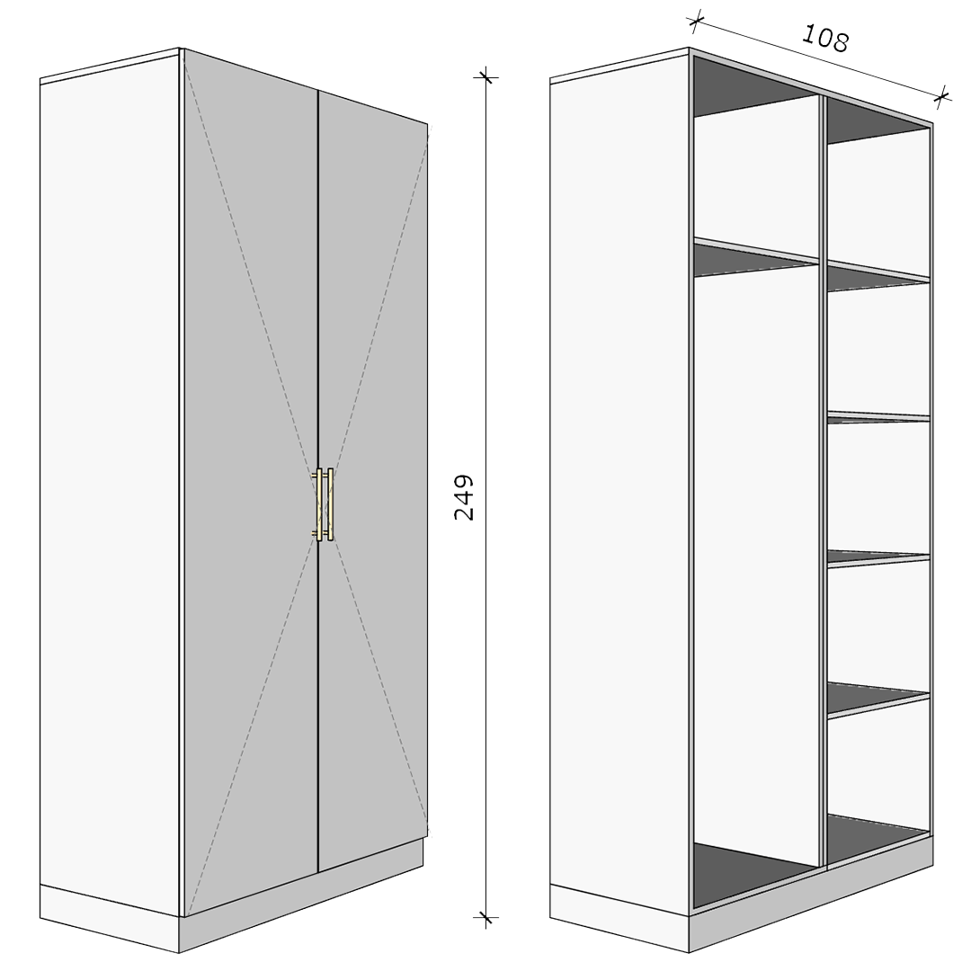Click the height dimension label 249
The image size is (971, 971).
[464, 497]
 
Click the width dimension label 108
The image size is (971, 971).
[824, 39]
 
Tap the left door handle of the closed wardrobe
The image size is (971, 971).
[319, 504]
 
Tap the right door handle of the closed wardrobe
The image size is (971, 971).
[329, 504]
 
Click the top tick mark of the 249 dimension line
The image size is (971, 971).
[486, 77]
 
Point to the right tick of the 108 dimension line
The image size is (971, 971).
[942, 96]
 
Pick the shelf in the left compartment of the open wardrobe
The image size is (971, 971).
[756, 256]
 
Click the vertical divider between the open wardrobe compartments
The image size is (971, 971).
[824, 483]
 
